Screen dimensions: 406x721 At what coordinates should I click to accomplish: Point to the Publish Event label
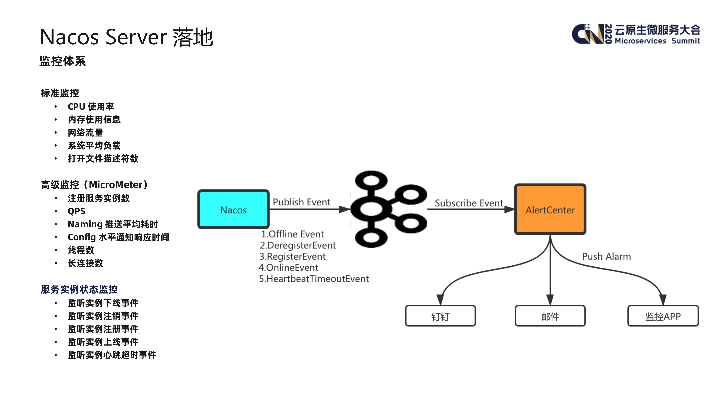301,202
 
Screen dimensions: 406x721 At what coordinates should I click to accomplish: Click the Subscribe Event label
469,203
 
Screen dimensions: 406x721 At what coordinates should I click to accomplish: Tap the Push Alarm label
606,256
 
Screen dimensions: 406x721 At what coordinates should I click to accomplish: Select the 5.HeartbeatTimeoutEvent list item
314,279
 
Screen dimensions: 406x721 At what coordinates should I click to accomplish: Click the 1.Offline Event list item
292,234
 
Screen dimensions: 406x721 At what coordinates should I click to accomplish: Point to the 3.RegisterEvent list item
293,256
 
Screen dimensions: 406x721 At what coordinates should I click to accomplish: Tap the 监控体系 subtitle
63,61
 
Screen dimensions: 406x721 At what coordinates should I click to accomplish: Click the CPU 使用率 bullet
91,106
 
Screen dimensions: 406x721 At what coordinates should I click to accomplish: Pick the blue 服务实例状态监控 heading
79,289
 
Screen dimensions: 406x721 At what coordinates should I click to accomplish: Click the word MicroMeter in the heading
116,185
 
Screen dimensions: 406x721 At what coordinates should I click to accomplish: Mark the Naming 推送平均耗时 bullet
113,224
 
